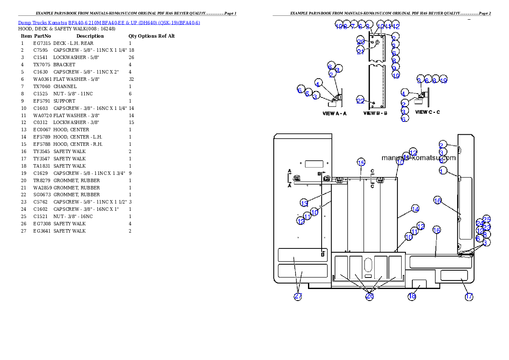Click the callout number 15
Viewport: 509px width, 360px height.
coord(361,162)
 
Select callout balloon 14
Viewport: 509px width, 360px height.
coord(415,209)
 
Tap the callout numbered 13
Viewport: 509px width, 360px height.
coord(304,203)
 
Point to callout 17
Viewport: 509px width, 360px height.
coord(469,296)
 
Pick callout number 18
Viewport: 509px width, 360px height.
coord(412,296)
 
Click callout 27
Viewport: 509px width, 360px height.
coord(298,297)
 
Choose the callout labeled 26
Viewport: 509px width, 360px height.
coord(370,296)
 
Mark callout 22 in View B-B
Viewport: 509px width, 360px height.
coord(361,101)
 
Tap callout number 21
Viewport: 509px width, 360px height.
coord(361,51)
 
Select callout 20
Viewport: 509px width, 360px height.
coord(361,42)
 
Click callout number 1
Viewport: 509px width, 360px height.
coord(443,171)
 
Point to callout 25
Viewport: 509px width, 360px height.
coord(487,219)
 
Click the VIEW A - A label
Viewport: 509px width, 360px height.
coord(334,114)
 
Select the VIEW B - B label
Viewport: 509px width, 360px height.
coord(375,114)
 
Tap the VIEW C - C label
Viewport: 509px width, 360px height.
coord(427,112)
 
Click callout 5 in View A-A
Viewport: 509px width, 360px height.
coord(308,93)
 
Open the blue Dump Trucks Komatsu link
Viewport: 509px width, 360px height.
coord(109,23)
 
